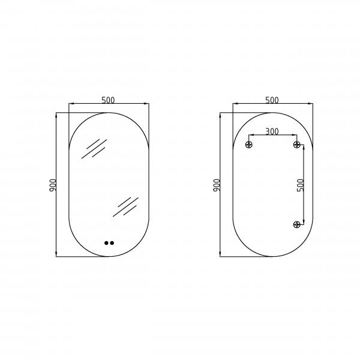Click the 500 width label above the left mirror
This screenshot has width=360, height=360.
pyautogui.click(x=108, y=100)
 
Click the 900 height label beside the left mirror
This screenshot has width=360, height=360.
pyautogui.click(x=53, y=185)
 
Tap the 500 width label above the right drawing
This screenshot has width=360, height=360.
pyautogui.click(x=272, y=100)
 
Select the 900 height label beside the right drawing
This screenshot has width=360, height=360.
pyautogui.click(x=217, y=185)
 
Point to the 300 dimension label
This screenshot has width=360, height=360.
pyautogui.click(x=272, y=131)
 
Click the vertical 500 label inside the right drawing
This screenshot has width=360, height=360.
pyautogui.click(x=301, y=185)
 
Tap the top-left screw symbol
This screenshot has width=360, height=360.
pyautogui.click(x=249, y=145)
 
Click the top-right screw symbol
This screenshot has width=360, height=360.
pyautogui.click(x=296, y=145)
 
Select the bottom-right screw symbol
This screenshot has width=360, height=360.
pyautogui.click(x=296, y=224)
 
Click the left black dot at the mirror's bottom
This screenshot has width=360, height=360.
pyautogui.click(x=106, y=243)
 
